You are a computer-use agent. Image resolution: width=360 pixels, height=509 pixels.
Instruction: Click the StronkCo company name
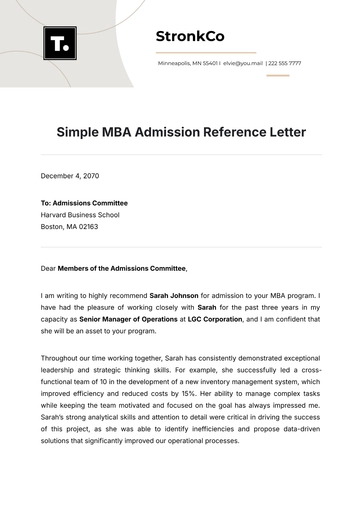(190, 37)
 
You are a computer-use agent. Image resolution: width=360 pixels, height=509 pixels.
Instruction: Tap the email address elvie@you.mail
(243, 63)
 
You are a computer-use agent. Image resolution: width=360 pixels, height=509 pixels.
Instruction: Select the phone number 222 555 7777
(285, 63)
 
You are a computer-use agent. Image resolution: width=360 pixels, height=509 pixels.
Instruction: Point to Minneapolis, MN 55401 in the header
(188, 63)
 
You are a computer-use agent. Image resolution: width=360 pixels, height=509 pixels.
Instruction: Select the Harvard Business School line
(80, 214)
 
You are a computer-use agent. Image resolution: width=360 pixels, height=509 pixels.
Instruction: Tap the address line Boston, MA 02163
(72, 226)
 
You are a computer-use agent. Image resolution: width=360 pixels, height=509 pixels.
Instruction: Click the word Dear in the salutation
(50, 268)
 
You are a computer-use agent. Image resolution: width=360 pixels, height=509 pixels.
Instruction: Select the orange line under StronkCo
(206, 51)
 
